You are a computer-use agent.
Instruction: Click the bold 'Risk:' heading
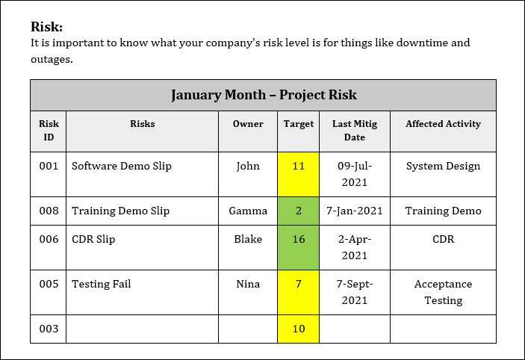[x=46, y=27]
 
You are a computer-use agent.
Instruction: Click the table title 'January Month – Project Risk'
[x=264, y=95]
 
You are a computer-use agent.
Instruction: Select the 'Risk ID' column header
[x=49, y=130]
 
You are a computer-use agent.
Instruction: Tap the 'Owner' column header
[x=248, y=124]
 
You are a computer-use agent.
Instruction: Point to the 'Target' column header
[x=299, y=124]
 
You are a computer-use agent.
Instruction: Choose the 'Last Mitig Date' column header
[x=354, y=130]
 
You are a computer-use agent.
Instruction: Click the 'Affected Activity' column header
[x=443, y=124]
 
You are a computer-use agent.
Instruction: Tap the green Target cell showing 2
[x=299, y=211]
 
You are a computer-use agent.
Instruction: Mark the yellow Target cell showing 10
[x=299, y=329]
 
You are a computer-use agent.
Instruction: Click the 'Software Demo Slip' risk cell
[x=122, y=166]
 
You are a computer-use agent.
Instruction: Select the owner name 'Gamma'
[x=248, y=211]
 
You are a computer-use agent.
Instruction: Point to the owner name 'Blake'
[x=248, y=240]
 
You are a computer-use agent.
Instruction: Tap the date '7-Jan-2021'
[x=354, y=211]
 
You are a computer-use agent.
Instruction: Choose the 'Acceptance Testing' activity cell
[x=443, y=292]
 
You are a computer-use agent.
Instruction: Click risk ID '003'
[x=49, y=329]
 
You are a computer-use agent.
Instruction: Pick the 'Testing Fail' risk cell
[x=102, y=284]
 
